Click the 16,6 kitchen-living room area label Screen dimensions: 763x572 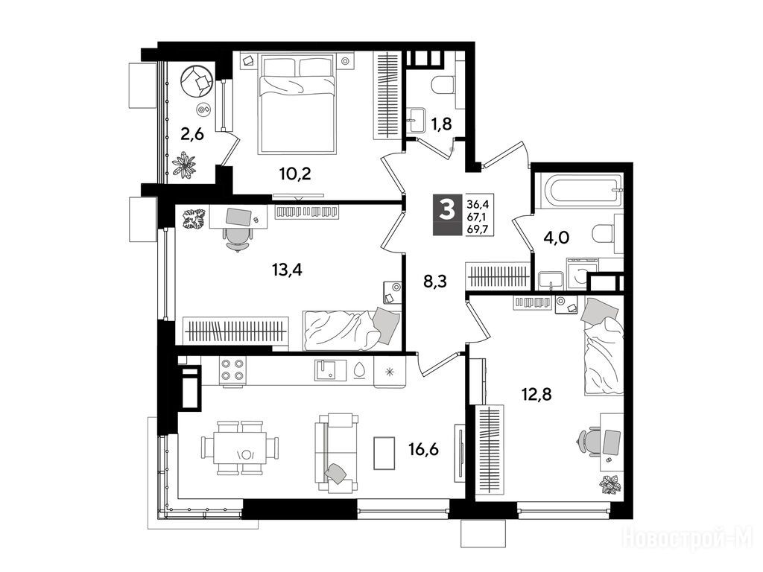[423, 449]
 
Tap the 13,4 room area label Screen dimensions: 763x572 [287, 269]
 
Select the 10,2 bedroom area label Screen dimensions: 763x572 [295, 173]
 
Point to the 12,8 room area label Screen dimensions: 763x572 [536, 394]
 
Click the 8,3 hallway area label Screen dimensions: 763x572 [435, 281]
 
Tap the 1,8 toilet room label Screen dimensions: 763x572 [441, 124]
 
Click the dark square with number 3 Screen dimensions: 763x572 [447, 214]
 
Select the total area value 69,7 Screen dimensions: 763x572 [478, 229]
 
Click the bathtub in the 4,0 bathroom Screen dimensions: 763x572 [578, 190]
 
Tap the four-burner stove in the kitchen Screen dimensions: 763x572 [232, 369]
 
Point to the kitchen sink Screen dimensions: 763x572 [330, 370]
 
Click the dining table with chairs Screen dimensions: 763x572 [241, 448]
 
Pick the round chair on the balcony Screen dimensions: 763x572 [197, 80]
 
